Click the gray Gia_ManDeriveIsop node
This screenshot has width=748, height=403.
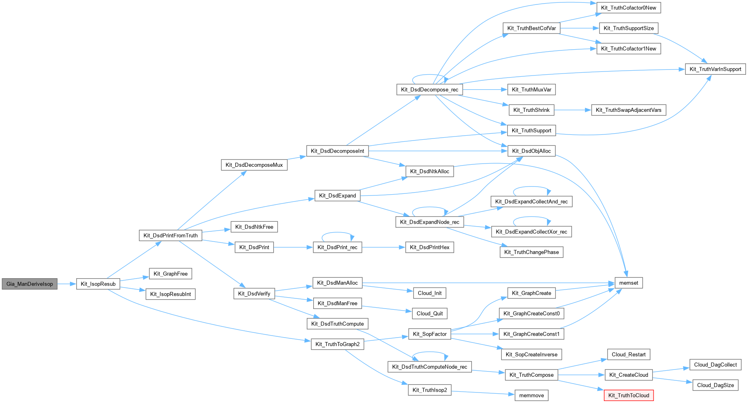click(x=29, y=284)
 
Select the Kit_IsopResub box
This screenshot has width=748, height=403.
click(x=98, y=284)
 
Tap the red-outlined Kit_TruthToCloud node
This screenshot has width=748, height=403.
click(x=629, y=395)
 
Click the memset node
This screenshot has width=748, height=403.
click(x=629, y=283)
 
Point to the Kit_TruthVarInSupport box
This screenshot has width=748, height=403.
click(x=715, y=69)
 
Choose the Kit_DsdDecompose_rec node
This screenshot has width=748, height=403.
click(x=430, y=90)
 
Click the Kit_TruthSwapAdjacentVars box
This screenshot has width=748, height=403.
click(x=629, y=110)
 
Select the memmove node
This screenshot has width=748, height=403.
click(x=531, y=395)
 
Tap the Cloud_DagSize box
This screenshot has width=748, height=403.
click(x=715, y=385)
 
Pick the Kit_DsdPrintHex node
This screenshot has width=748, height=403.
click(x=430, y=247)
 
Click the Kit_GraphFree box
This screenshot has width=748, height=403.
click(x=170, y=274)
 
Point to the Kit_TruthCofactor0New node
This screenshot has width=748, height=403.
click(x=629, y=8)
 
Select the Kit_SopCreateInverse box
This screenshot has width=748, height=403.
click(x=531, y=355)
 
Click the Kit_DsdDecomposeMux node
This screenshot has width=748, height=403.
click(x=254, y=165)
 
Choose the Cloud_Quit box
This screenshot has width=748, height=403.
click(x=430, y=313)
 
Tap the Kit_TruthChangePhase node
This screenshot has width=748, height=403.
click(x=531, y=252)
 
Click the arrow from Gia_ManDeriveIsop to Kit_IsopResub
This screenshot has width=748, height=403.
click(x=67, y=284)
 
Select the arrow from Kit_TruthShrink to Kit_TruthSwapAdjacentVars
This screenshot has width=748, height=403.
click(x=572, y=110)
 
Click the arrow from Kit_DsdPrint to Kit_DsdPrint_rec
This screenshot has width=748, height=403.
click(x=293, y=247)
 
